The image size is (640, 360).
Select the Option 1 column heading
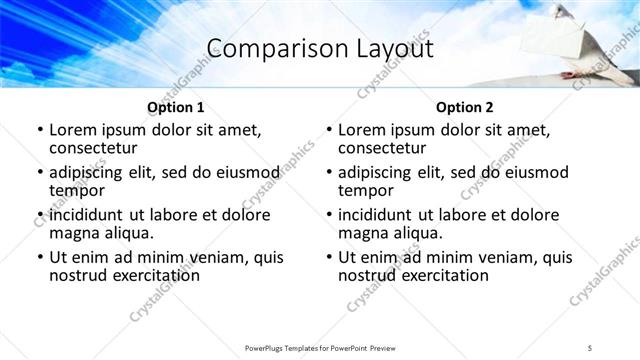pos(175,107)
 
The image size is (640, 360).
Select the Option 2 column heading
pos(464,107)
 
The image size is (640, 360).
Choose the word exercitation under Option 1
pos(152,274)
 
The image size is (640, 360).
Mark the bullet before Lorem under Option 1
pos(39,130)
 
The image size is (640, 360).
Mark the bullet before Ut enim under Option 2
pos(328,257)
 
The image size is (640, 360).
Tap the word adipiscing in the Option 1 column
pos(91,172)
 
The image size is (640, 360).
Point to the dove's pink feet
pos(571,74)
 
